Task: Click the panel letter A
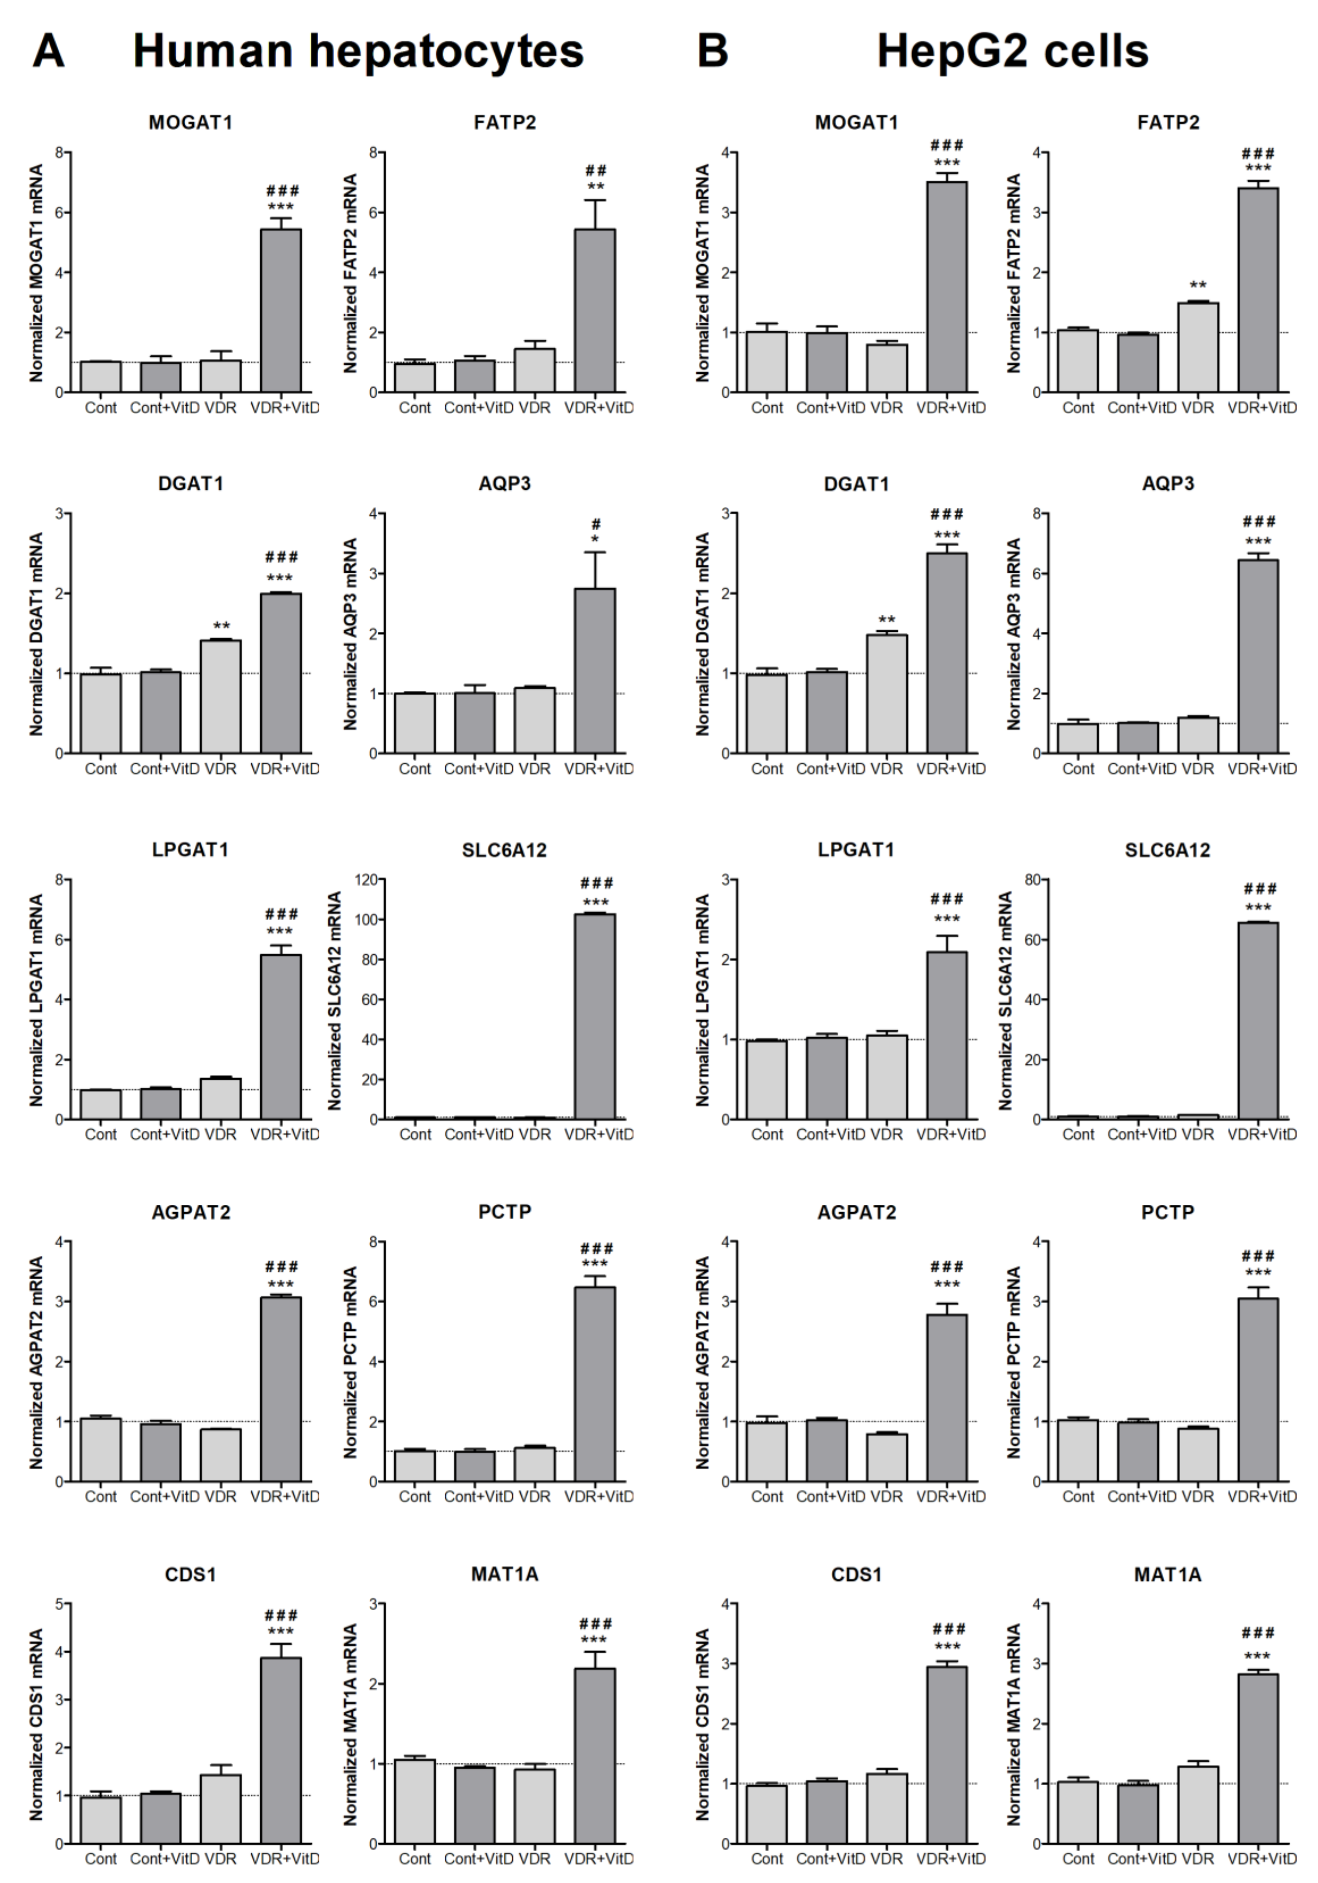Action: click(x=48, y=51)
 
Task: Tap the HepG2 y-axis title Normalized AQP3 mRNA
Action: click(x=1013, y=634)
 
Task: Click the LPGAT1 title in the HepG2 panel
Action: click(x=856, y=849)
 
